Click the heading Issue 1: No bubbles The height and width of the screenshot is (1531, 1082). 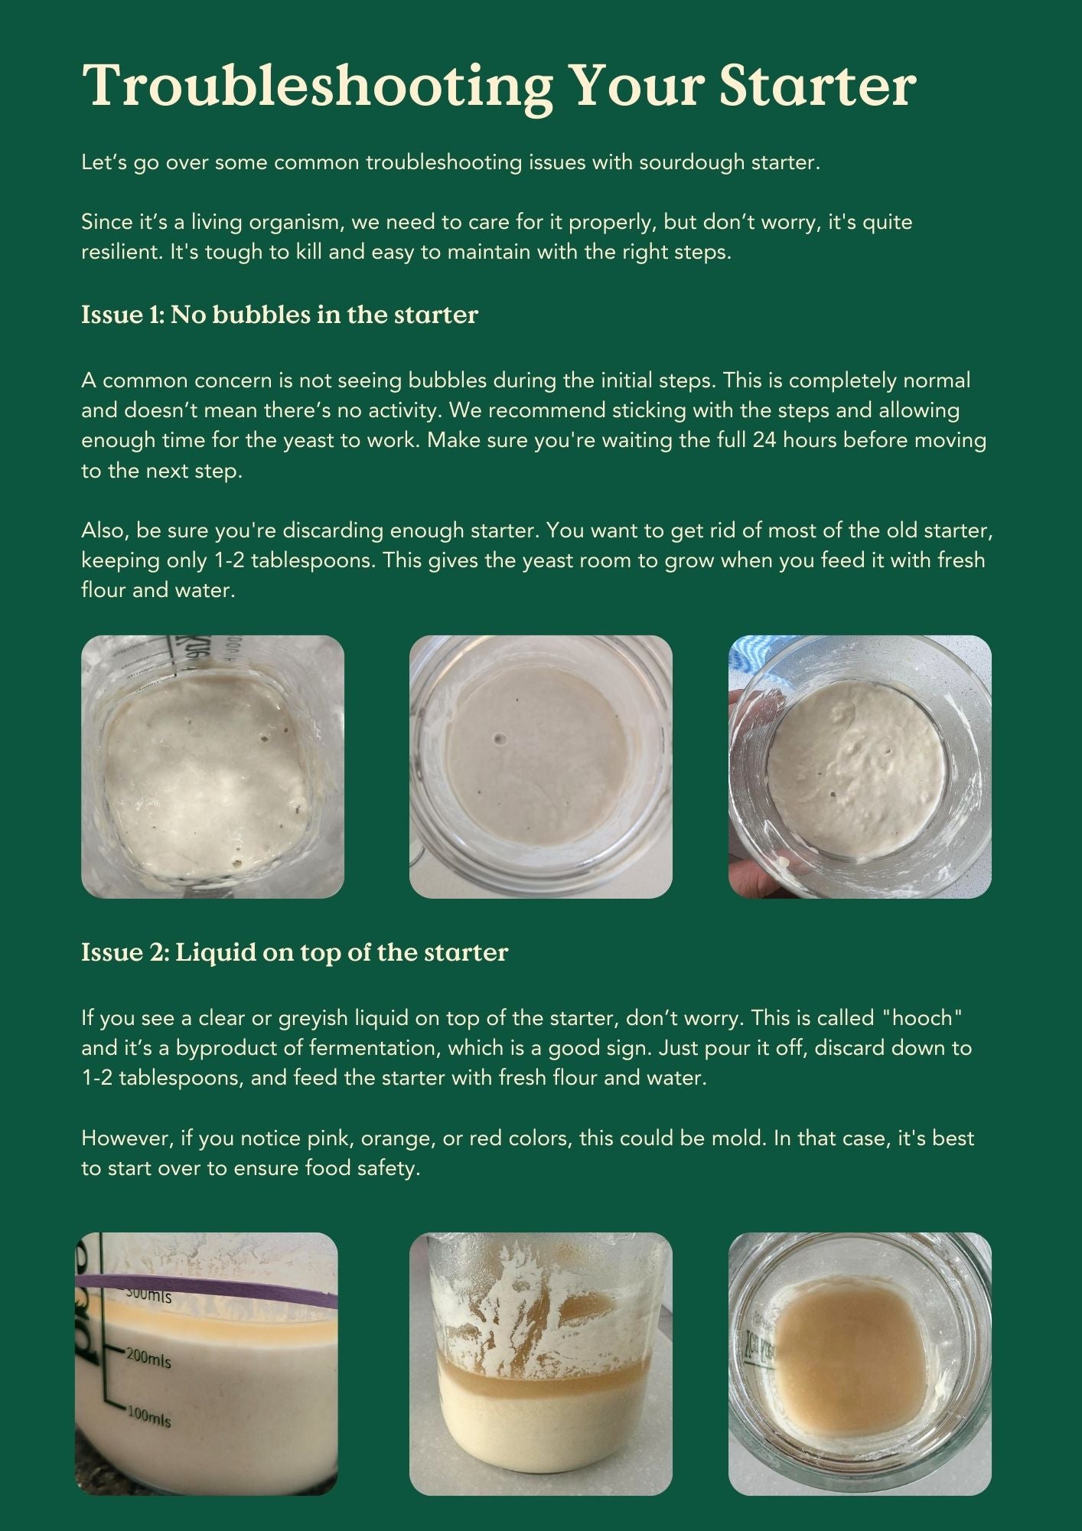279,315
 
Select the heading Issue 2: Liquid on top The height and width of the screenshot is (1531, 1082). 295,952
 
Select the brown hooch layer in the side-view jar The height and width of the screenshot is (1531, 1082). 540,1372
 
